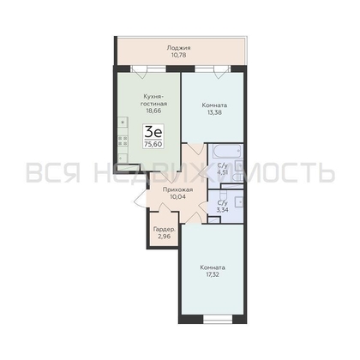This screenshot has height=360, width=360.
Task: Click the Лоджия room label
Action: point(179,48)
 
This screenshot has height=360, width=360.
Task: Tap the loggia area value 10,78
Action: point(179,56)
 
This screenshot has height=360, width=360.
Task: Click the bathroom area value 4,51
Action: point(222,172)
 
